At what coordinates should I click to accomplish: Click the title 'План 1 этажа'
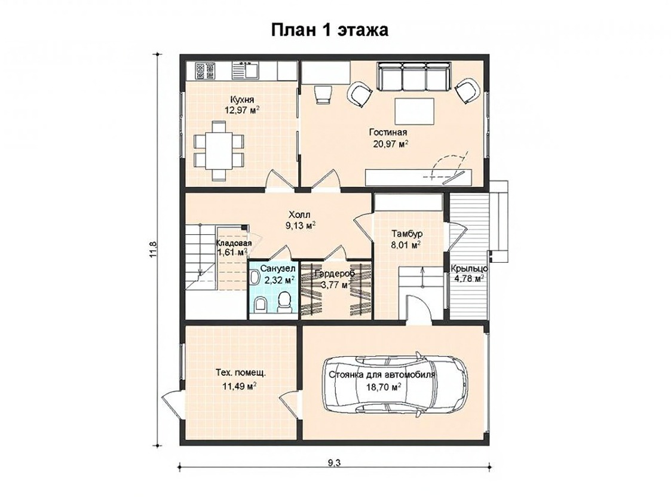(329, 30)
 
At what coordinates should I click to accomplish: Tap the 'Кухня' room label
(242, 100)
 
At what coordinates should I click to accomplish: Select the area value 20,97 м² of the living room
(391, 144)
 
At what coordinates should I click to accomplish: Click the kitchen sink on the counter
(246, 70)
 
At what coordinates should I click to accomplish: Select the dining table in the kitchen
(219, 151)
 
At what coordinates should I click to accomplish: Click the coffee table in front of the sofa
(414, 111)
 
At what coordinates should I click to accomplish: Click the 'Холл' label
(299, 214)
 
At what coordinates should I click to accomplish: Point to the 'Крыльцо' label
(469, 269)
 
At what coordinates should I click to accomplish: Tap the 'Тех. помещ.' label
(241, 373)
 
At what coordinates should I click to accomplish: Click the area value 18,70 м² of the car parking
(384, 387)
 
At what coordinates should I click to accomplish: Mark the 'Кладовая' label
(234, 243)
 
